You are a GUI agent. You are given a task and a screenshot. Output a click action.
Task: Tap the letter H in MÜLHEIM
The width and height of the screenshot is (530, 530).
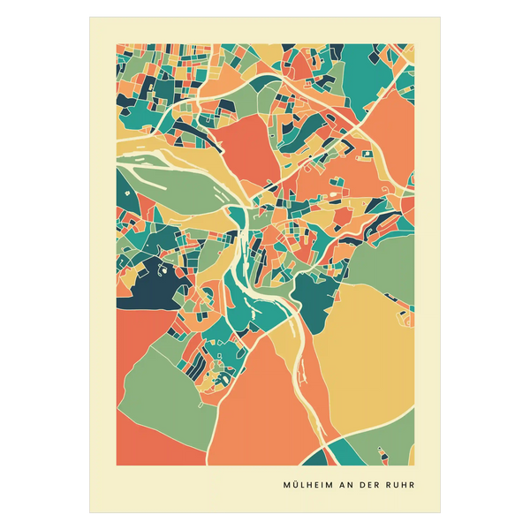[x=309, y=485]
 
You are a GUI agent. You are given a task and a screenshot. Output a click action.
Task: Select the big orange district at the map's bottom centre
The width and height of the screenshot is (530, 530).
[x=261, y=415]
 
